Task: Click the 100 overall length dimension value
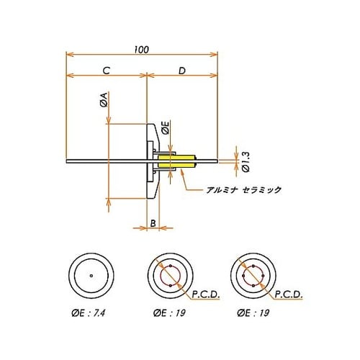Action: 142,50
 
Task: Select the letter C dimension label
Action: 107,71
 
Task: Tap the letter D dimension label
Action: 182,71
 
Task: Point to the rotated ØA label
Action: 104,99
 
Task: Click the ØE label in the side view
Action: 166,127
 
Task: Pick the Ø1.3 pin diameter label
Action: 246,161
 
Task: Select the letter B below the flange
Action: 153,223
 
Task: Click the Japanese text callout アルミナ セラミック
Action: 244,190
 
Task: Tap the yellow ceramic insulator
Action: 176,161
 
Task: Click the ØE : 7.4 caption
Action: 89,313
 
